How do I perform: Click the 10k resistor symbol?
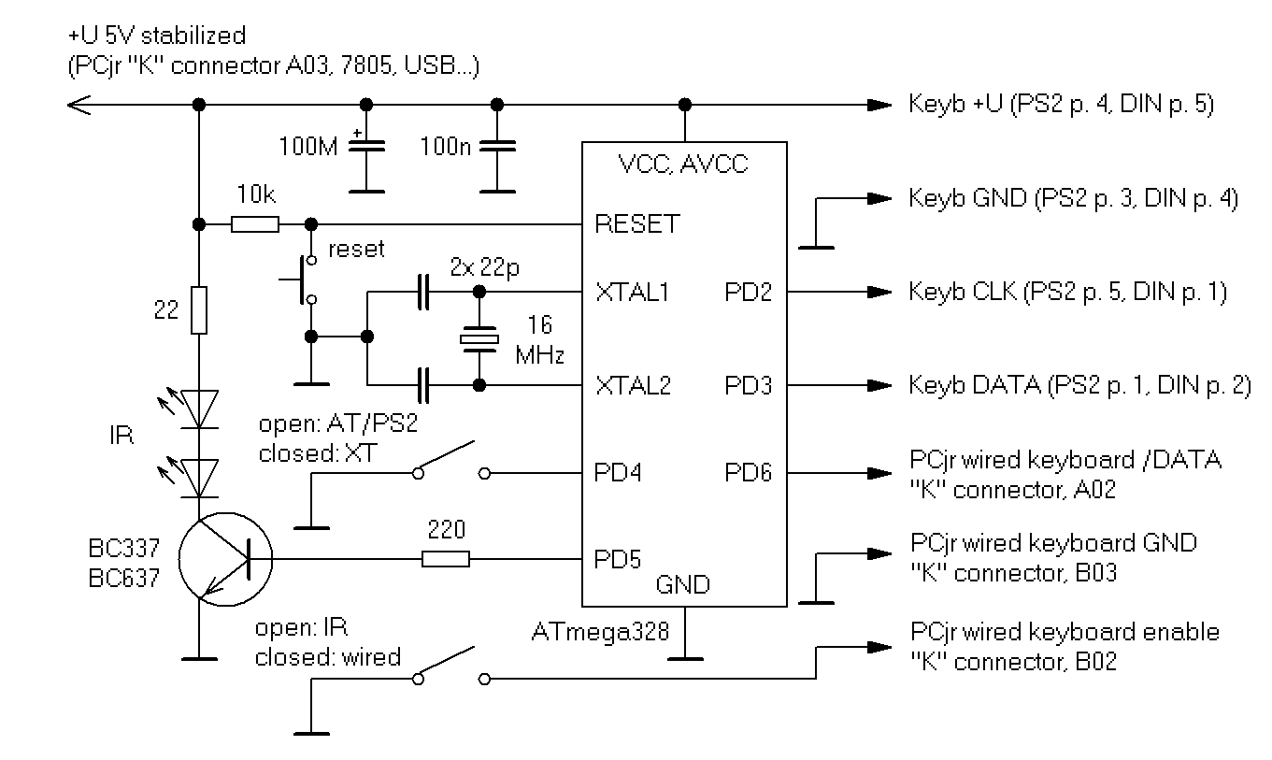[x=254, y=224]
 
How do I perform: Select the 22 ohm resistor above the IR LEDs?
[x=198, y=310]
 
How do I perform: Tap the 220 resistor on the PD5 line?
[x=445, y=560]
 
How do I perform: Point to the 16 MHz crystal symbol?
[x=480, y=338]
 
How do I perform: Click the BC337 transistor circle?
[x=224, y=560]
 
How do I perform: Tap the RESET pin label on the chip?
[x=636, y=225]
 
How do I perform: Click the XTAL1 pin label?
[x=633, y=293]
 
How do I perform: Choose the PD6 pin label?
[x=749, y=473]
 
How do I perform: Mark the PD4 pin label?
[x=618, y=473]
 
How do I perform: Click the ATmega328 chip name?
[x=600, y=632]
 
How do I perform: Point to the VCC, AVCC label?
[x=683, y=165]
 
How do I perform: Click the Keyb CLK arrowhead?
[x=879, y=292]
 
